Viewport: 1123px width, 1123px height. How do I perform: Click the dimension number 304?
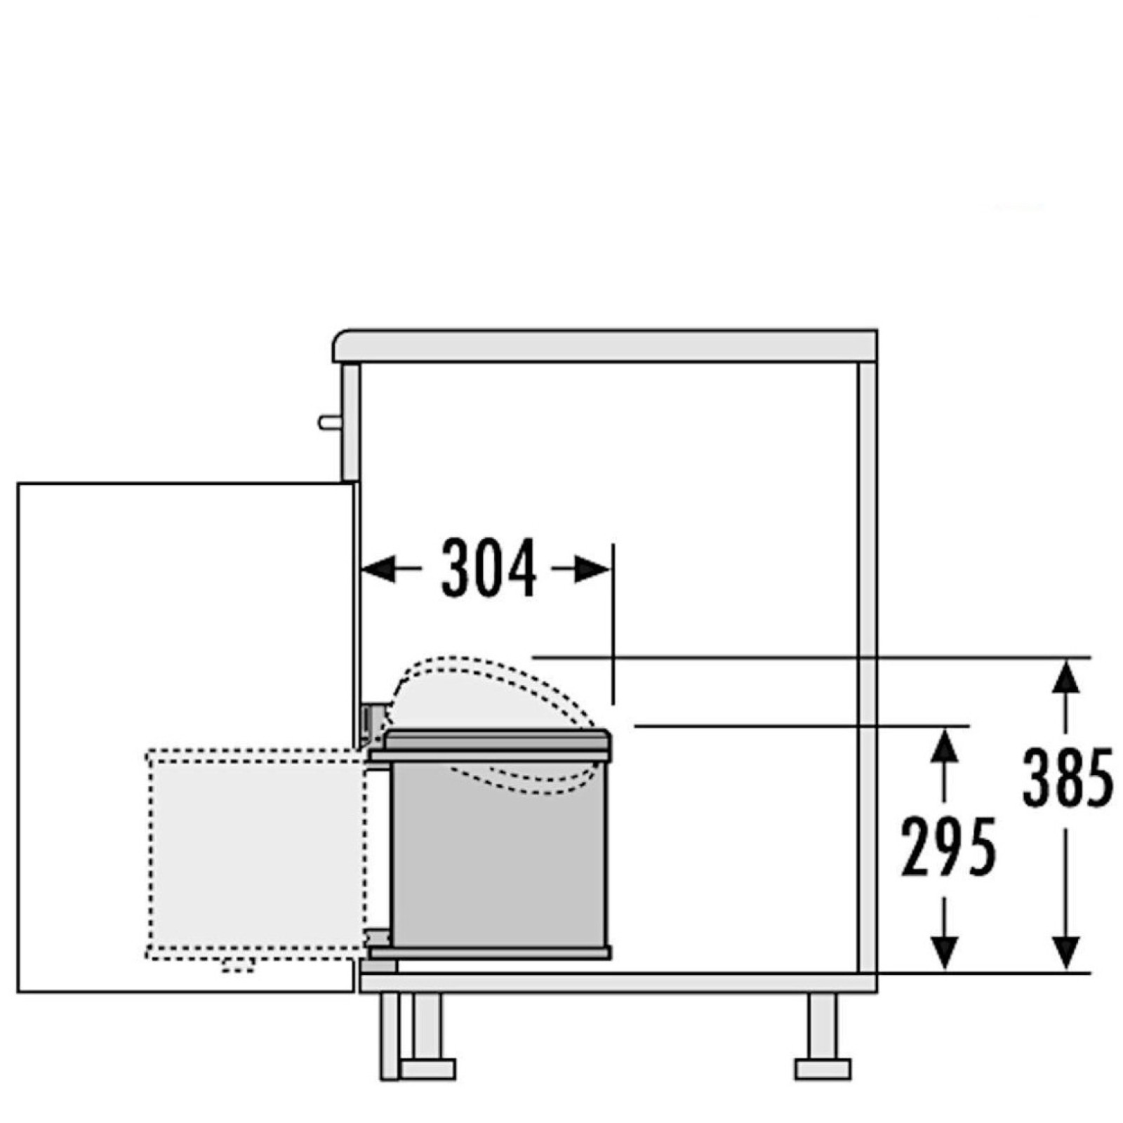(x=489, y=568)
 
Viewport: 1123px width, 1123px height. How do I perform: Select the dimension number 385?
(x=1068, y=777)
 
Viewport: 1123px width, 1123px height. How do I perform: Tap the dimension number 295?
(x=948, y=847)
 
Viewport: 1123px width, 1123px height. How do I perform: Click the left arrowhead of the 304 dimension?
(x=377, y=569)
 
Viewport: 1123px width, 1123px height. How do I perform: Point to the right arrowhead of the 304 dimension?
(x=593, y=569)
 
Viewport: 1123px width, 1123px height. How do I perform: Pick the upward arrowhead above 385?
(x=1067, y=677)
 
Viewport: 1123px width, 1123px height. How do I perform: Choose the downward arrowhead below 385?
(x=1067, y=954)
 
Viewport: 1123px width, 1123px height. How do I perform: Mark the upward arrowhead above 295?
(x=946, y=746)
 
